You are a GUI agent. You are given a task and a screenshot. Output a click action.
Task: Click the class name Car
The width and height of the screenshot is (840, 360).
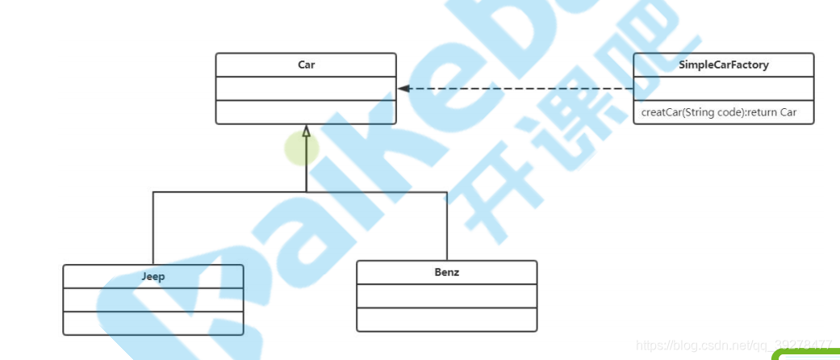tap(306, 65)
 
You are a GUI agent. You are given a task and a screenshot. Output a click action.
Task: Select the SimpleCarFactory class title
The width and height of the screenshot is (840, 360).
tap(723, 65)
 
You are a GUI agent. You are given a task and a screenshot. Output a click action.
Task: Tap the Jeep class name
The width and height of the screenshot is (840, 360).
tap(153, 276)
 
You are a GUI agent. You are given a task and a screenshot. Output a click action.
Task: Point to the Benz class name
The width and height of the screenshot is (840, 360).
tap(446, 272)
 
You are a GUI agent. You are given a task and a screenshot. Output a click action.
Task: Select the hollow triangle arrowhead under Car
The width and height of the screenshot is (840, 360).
tap(306, 131)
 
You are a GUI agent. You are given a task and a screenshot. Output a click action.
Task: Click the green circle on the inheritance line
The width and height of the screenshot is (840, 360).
tap(301, 149)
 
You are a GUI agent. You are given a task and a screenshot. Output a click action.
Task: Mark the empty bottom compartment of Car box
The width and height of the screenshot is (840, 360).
tap(306, 112)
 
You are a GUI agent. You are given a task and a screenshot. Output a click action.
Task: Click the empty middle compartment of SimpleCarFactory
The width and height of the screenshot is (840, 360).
tap(723, 89)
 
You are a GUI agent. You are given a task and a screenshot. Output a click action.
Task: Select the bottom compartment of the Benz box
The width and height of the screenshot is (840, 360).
tap(446, 320)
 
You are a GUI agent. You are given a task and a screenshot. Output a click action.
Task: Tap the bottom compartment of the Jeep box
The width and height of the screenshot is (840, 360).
tap(153, 323)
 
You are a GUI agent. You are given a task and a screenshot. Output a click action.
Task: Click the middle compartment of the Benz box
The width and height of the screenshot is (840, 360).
tap(446, 295)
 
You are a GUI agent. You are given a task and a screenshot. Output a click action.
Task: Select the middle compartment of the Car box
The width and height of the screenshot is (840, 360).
tap(306, 89)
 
